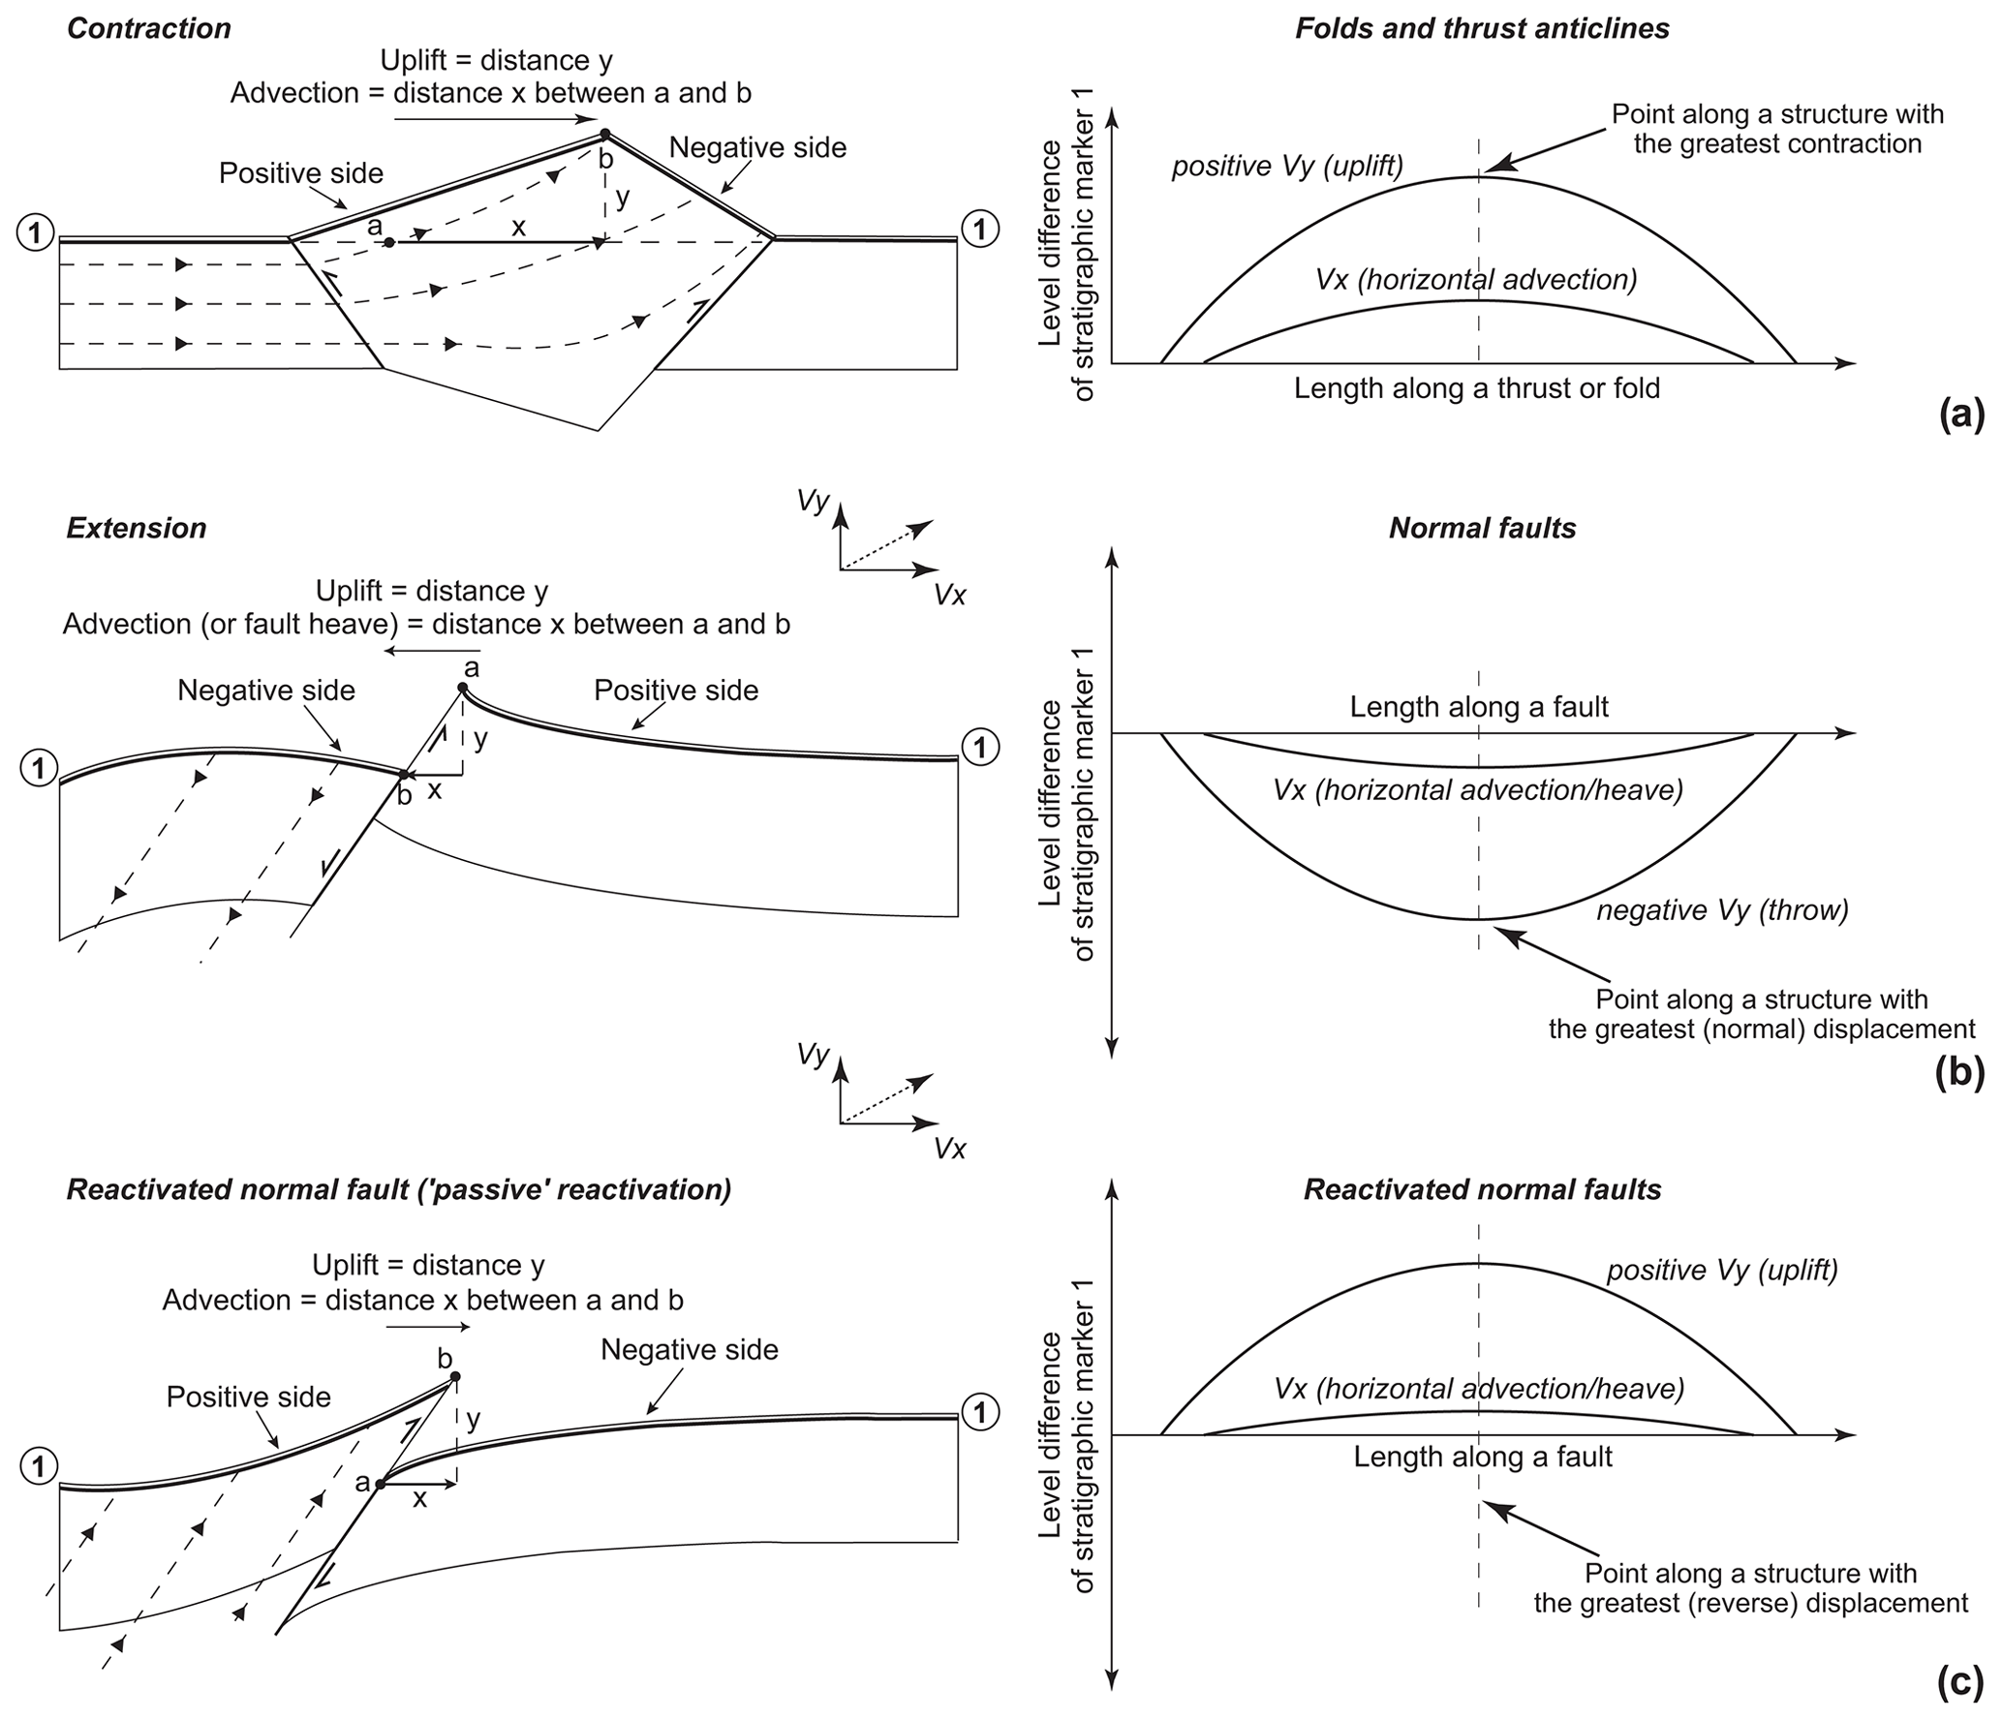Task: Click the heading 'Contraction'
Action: [x=149, y=28]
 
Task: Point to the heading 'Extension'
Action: [x=137, y=528]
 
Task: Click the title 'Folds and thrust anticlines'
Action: [x=1482, y=28]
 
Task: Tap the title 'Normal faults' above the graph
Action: [x=1482, y=528]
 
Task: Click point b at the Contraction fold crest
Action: [x=604, y=134]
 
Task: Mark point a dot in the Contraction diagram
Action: [x=388, y=242]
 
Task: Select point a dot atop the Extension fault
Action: [x=463, y=689]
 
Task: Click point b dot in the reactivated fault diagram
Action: [x=455, y=1376]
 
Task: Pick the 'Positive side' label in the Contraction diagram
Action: [x=301, y=173]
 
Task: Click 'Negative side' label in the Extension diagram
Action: [x=266, y=691]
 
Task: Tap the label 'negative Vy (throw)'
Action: [x=1723, y=910]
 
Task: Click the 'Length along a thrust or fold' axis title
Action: [x=1477, y=388]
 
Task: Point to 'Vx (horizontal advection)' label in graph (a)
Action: [x=1476, y=280]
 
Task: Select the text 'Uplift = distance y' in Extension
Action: [x=432, y=591]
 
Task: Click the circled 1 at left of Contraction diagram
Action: [x=36, y=232]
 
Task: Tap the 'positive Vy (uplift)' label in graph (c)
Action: [x=1722, y=1270]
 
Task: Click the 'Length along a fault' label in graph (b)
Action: [x=1479, y=707]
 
